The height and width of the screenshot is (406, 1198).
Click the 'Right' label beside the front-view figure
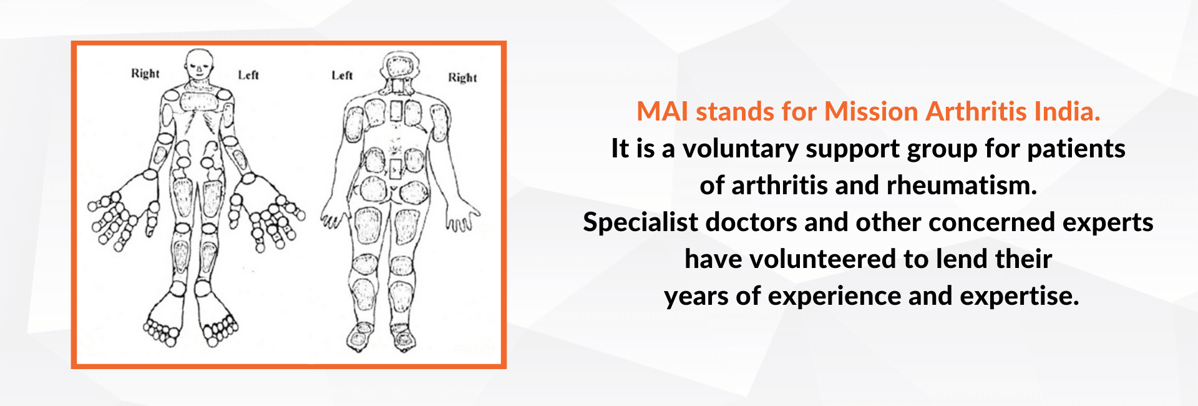[x=145, y=74]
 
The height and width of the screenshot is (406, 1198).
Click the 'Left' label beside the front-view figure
[x=248, y=75]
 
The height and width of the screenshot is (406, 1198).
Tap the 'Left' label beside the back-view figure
[x=342, y=76]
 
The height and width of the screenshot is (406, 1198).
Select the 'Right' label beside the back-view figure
[x=462, y=77]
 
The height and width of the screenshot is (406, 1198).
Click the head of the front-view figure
[x=199, y=64]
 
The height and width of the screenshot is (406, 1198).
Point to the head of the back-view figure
[x=400, y=66]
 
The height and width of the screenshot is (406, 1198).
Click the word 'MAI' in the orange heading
[x=663, y=112]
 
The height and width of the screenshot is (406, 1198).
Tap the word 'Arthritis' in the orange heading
[x=976, y=112]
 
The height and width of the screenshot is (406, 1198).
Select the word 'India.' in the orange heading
[x=1067, y=112]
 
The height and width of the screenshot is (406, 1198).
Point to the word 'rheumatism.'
[x=962, y=186]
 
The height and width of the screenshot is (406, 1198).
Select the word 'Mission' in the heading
[x=872, y=112]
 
